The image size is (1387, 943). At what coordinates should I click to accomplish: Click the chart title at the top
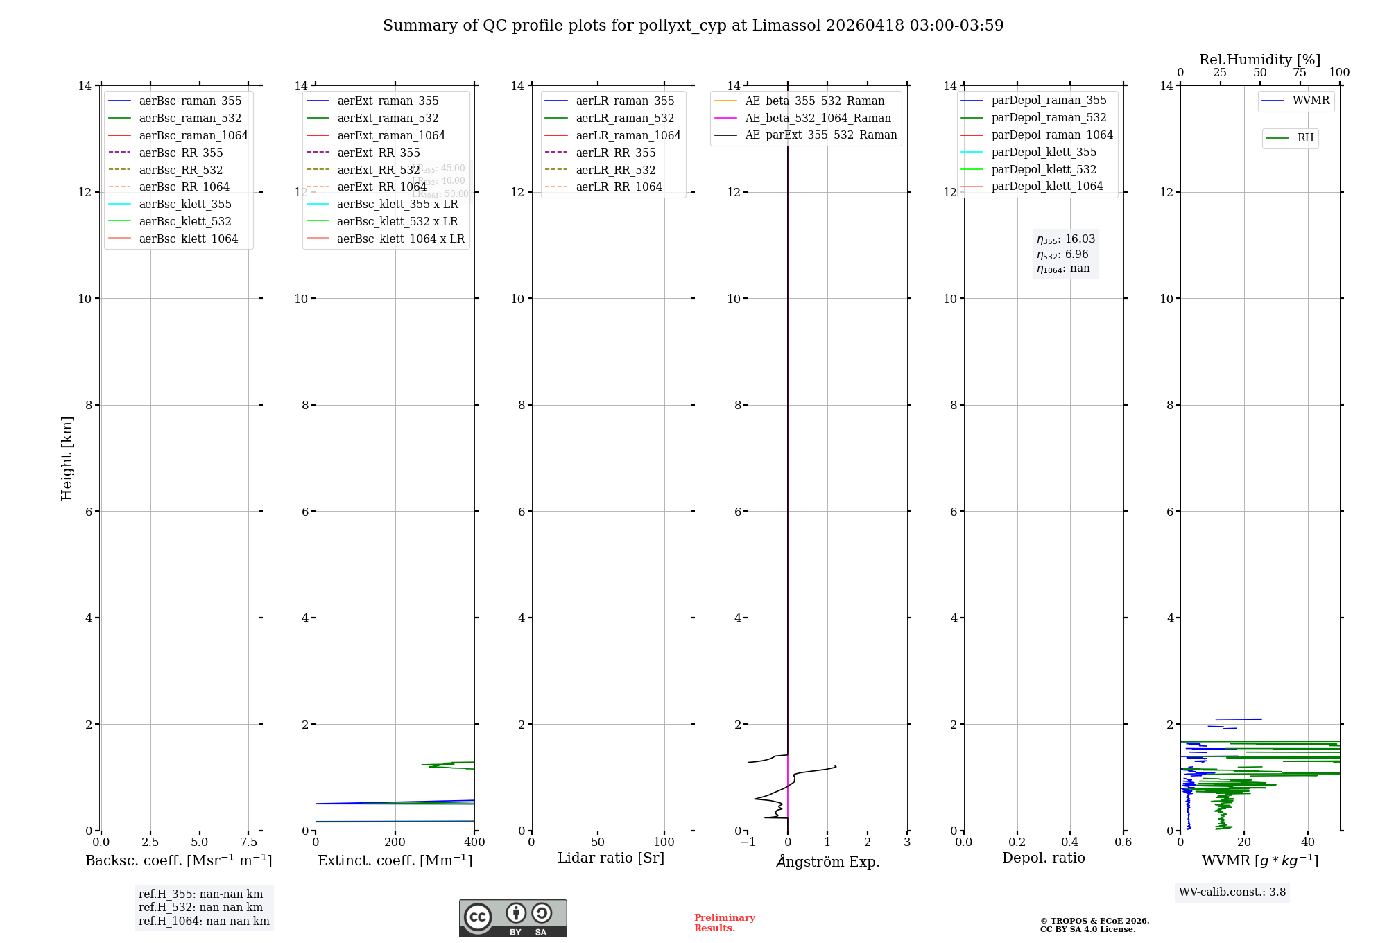(x=693, y=26)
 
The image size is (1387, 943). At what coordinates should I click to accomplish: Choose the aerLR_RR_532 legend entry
(x=615, y=171)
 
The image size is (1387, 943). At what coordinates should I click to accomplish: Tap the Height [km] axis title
(x=67, y=458)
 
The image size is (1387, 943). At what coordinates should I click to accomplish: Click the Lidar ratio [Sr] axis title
(x=611, y=858)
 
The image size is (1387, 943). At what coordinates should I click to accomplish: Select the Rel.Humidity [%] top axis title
(x=1259, y=60)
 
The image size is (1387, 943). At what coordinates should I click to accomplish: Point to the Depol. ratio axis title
(x=1043, y=858)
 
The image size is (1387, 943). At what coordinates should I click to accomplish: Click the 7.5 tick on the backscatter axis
(x=249, y=842)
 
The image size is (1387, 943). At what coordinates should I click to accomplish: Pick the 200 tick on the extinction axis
(x=395, y=842)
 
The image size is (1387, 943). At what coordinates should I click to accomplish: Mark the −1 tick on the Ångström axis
(x=747, y=842)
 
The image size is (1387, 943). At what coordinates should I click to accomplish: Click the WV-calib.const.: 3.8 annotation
(x=1232, y=892)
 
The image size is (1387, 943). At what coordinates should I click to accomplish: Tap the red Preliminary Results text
(x=724, y=923)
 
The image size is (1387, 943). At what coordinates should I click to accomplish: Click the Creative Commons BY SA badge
(x=512, y=919)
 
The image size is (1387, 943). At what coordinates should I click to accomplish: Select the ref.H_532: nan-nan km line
(x=200, y=908)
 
